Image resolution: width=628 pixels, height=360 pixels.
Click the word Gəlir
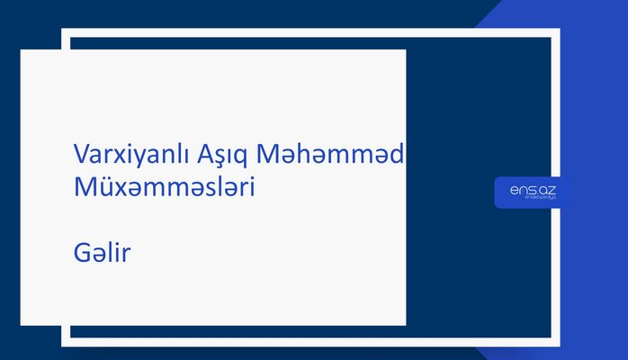coord(103,254)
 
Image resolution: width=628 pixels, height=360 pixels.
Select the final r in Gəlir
coord(128,256)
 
